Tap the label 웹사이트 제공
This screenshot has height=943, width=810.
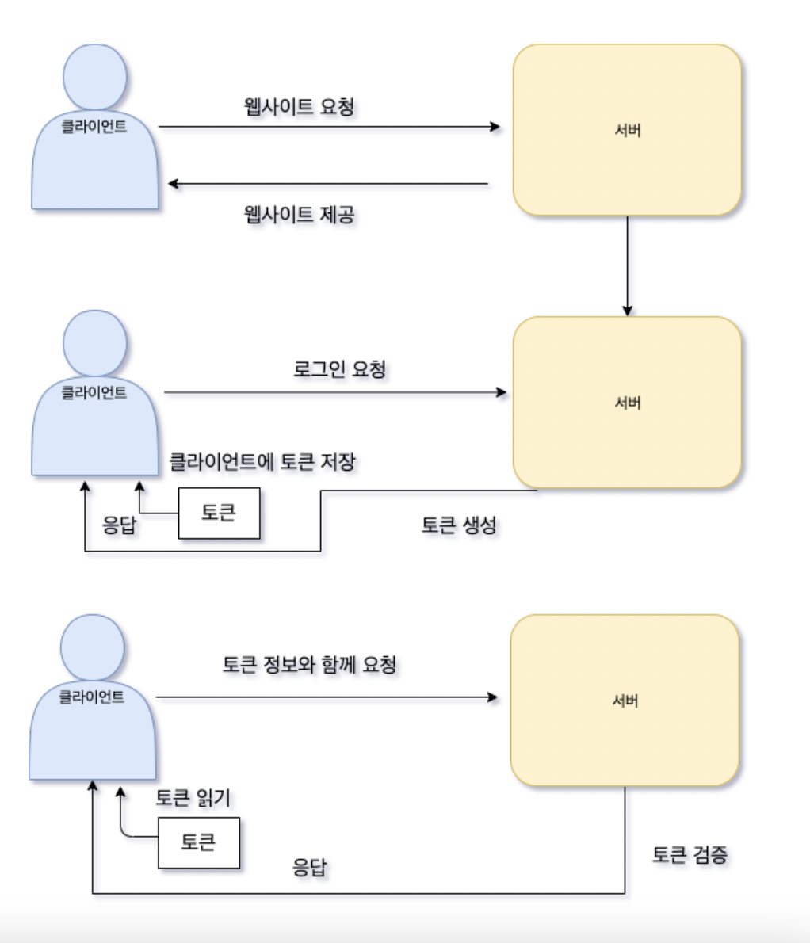tap(299, 214)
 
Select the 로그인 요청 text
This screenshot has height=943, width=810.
tap(339, 369)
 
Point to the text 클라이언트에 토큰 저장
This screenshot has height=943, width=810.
tap(262, 461)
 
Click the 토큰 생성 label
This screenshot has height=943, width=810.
tap(459, 525)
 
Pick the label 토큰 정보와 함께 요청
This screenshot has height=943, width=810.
tap(309, 664)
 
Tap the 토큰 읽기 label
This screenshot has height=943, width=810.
tap(193, 797)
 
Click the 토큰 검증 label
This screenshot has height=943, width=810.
tap(690, 855)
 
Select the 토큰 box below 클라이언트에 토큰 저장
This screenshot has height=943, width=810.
tap(219, 513)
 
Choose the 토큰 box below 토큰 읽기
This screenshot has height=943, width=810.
tap(198, 842)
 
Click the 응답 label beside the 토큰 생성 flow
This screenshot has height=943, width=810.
tap(120, 525)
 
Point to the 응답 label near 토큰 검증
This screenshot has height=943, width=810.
tap(309, 867)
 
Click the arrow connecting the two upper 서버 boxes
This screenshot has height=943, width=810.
tap(627, 265)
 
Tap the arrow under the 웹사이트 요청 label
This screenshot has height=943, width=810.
tap(329, 127)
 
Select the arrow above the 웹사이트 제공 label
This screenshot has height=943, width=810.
tap(329, 185)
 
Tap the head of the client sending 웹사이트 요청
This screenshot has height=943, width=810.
tap(95, 75)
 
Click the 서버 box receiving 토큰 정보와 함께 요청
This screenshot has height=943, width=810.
tap(625, 701)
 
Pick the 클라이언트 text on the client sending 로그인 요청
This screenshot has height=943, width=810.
tap(94, 391)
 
